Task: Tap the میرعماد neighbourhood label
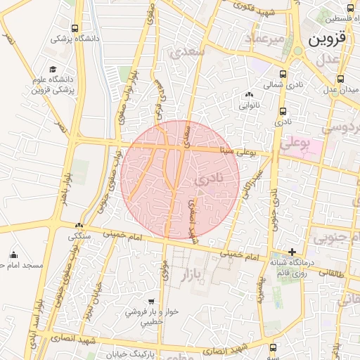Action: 264,38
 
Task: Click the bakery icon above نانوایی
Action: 249,96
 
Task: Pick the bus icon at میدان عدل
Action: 341,79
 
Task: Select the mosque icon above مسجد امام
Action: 14,255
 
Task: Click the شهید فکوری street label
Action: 257,11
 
